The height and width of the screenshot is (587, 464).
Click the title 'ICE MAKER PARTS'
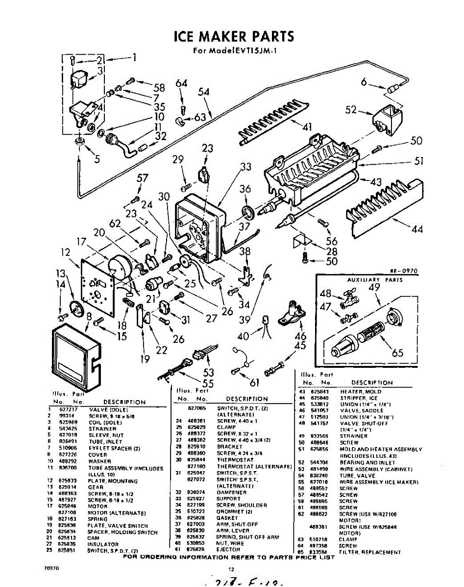tap(234, 36)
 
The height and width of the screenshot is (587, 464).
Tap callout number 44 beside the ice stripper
tap(416, 228)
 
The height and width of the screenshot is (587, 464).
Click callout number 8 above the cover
tap(89, 316)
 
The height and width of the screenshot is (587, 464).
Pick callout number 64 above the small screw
tap(182, 84)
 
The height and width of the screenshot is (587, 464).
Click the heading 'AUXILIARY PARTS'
tap(375, 280)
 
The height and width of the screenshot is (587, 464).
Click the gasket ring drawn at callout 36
tap(248, 212)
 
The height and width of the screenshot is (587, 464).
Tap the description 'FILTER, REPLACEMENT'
tap(369, 552)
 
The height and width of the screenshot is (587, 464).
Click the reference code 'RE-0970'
tap(403, 271)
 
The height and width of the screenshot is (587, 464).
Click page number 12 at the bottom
tap(232, 569)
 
